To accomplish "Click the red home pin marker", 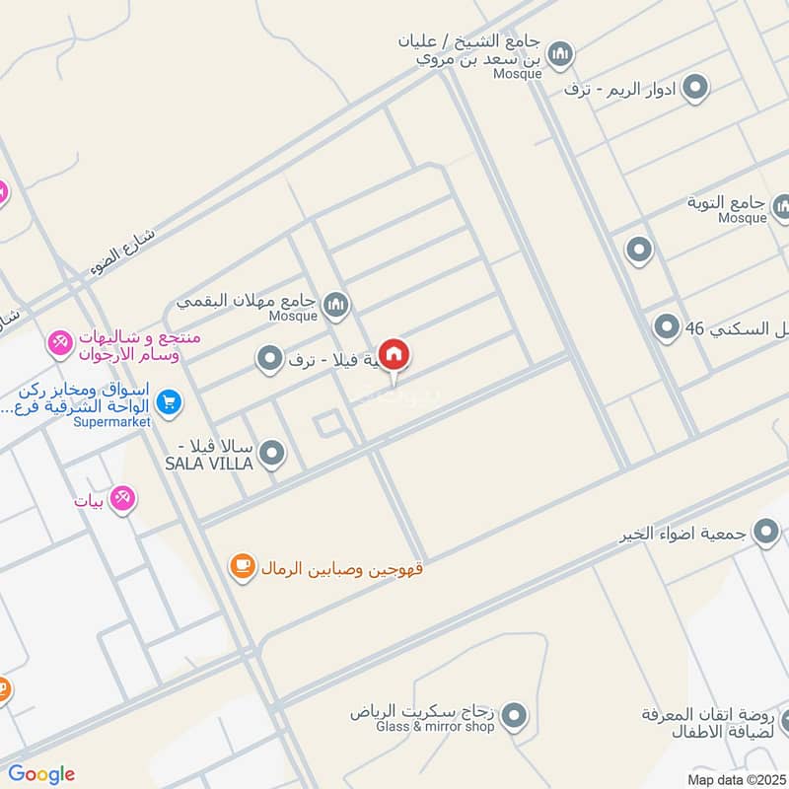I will [394, 355].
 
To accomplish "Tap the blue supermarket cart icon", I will [169, 401].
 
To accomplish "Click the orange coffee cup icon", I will [241, 565].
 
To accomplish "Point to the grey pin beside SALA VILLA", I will [272, 454].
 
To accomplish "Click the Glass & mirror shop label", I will [436, 726].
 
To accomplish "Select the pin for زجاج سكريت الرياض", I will [513, 717].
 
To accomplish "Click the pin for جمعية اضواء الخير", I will [765, 534].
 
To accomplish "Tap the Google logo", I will [41, 773].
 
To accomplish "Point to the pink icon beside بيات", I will [122, 499].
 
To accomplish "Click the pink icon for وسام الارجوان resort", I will [58, 344].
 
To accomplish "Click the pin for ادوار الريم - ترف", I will [695, 88].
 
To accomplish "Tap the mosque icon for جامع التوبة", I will [781, 207].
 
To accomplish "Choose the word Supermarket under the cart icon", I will [110, 422].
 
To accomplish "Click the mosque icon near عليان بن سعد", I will [560, 52].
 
